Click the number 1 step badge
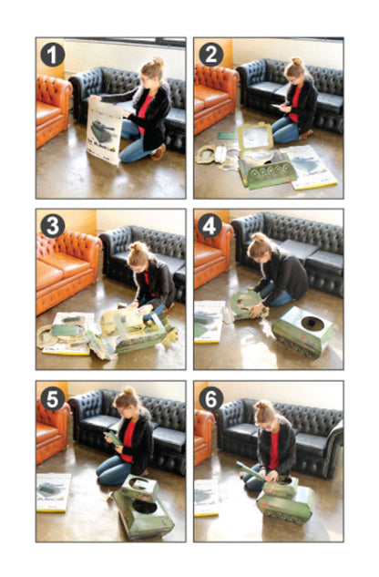click(52, 54)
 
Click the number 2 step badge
click(210, 54)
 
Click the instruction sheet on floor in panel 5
click(53, 491)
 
